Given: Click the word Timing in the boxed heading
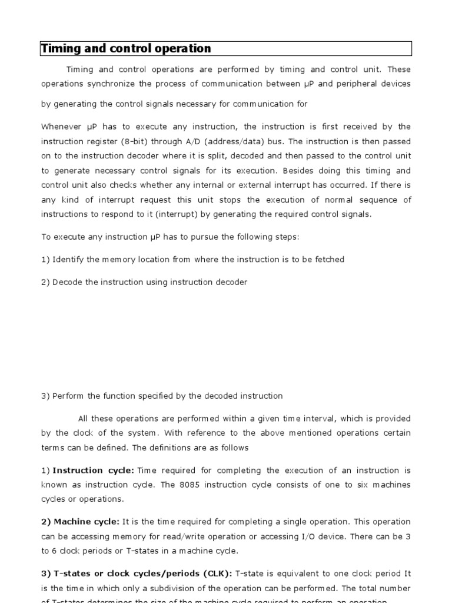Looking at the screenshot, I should pyautogui.click(x=58, y=48).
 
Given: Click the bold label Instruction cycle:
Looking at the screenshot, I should pyautogui.click(x=94, y=471).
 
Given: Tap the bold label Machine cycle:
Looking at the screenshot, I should pyautogui.click(x=86, y=522).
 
